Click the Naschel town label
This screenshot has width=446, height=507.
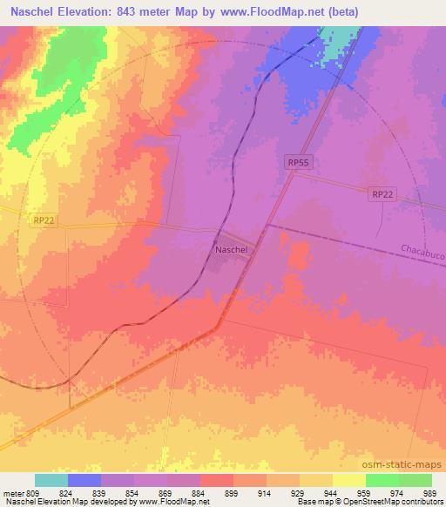point(231,249)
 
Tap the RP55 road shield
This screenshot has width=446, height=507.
point(297,162)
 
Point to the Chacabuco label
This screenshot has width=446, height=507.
point(422,250)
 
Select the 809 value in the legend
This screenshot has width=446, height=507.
point(35,492)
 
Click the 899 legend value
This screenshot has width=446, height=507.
point(233,492)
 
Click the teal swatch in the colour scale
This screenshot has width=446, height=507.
point(51,480)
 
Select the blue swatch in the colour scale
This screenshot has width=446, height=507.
point(84,480)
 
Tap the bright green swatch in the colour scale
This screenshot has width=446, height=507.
point(382,480)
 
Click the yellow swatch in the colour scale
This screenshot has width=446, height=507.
point(348,480)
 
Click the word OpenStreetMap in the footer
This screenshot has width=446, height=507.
point(366,503)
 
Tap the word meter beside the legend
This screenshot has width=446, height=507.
point(14,492)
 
